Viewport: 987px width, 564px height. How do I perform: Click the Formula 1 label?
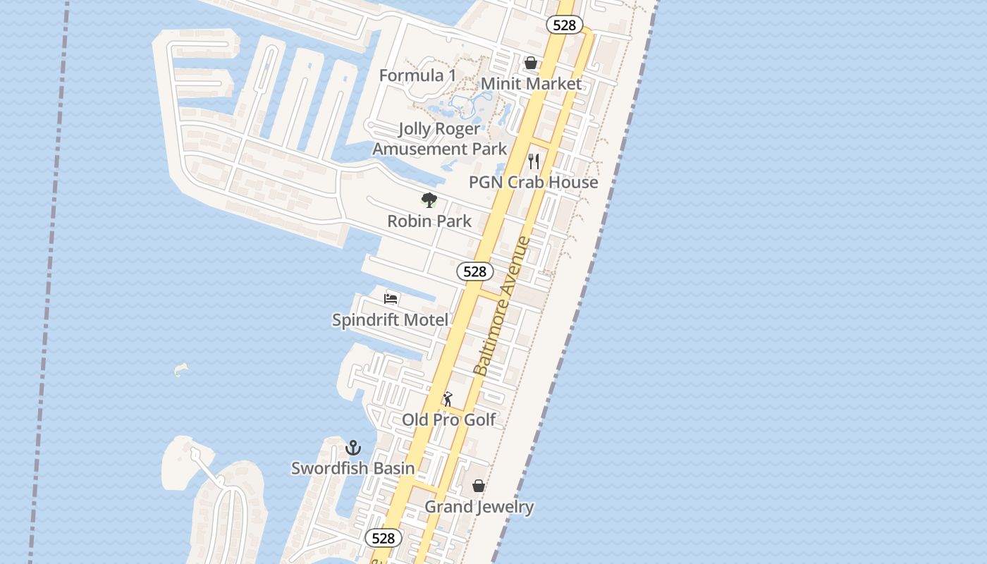pos(417,75)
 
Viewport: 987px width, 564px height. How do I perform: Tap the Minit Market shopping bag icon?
pos(531,63)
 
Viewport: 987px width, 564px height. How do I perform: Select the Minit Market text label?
pos(531,84)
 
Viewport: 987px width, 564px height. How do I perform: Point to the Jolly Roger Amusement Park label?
pos(439,139)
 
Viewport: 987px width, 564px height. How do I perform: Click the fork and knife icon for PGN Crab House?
pos(534,161)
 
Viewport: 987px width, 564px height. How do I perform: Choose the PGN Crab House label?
pos(534,182)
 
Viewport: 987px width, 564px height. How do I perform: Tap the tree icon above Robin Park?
pos(429,200)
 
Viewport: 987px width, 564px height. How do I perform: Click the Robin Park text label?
pos(429,221)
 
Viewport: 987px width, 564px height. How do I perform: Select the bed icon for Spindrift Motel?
pos(391,299)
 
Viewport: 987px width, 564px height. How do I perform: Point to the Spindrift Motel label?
pos(390,320)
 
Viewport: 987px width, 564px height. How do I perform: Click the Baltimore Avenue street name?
pos(501,307)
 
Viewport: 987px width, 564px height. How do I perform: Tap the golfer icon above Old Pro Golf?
pos(448,399)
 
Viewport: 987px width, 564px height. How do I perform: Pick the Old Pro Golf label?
pos(449,420)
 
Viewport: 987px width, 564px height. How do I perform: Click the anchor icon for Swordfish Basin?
pos(353,448)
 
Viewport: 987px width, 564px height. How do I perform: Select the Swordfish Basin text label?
pos(353,468)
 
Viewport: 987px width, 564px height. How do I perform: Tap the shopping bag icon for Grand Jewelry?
pos(479,486)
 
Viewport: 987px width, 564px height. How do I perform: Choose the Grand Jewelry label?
pos(479,507)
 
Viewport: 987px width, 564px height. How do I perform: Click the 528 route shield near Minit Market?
pos(565,25)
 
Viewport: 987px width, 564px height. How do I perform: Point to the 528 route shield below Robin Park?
pos(475,271)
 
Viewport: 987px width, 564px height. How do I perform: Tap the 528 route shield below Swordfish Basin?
pos(384,539)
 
